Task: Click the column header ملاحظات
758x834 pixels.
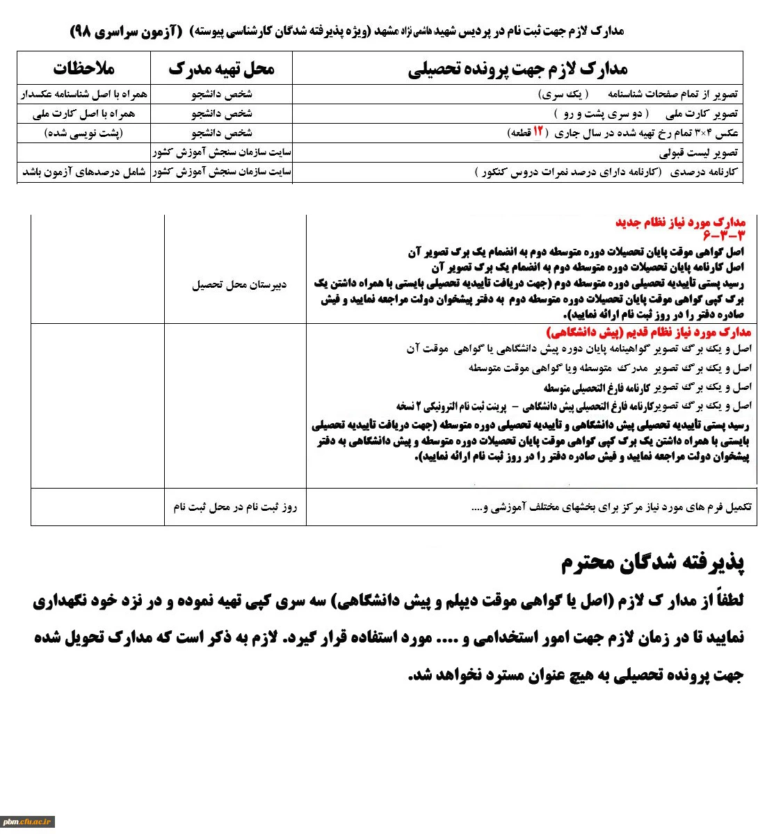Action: click(x=84, y=68)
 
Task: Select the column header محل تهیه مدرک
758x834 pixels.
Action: click(x=221, y=68)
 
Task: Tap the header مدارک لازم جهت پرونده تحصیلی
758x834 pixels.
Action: click(x=517, y=68)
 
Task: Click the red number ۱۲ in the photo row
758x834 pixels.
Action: click(x=538, y=132)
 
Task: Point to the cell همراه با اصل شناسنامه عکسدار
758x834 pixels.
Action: click(x=84, y=94)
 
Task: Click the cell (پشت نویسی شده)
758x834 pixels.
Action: click(x=83, y=133)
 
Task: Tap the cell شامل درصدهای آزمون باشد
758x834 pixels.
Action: click(x=84, y=172)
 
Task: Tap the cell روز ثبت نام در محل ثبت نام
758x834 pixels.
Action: click(x=235, y=507)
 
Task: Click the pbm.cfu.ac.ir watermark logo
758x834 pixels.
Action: click(x=28, y=821)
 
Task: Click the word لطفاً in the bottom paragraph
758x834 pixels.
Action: click(x=727, y=600)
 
